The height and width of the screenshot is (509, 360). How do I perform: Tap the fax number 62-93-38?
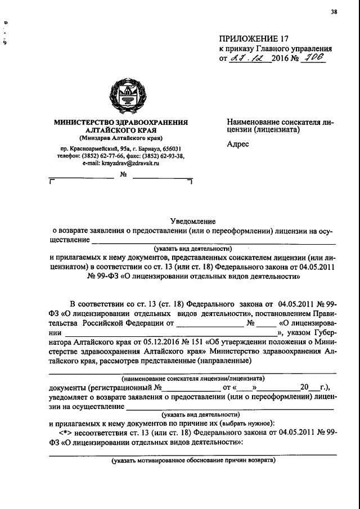(x=168, y=156)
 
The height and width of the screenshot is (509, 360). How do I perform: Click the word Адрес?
(x=238, y=144)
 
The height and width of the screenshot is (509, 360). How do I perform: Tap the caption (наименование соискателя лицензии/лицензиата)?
(x=193, y=379)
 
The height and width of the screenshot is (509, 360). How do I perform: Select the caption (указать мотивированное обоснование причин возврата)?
(x=193, y=460)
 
